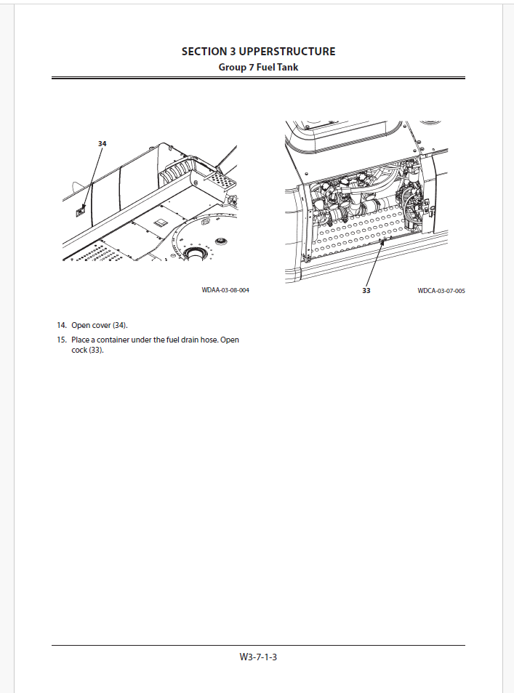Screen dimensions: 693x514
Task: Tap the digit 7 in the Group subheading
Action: tap(251, 68)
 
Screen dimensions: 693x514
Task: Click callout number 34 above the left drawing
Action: tap(102, 144)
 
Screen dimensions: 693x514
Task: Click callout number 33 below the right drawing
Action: tap(366, 291)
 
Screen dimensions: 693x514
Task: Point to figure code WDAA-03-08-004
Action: tap(225, 290)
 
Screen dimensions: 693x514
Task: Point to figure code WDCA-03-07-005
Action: tap(441, 291)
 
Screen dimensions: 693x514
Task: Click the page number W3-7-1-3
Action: tap(259, 657)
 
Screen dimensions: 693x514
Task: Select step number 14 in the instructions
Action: tap(62, 325)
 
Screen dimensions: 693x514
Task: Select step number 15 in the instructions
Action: tap(62, 340)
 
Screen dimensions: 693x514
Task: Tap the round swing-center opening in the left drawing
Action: tap(196, 253)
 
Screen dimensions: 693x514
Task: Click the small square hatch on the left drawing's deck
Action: tap(162, 220)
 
